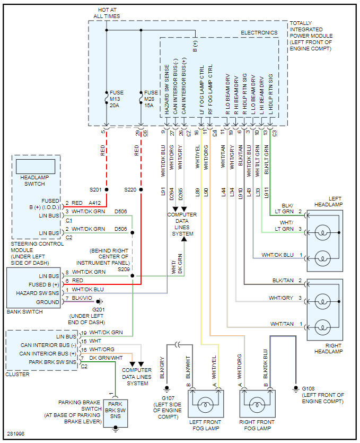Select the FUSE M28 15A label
pyautogui.click(x=151, y=99)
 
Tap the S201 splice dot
pyautogui.click(x=107, y=189)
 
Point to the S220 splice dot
pyautogui.click(x=141, y=189)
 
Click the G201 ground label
pyautogui.click(x=99, y=309)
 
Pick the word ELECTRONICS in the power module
pyautogui.click(x=259, y=32)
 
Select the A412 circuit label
pyautogui.click(x=95, y=203)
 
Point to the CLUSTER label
pyautogui.click(x=18, y=374)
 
